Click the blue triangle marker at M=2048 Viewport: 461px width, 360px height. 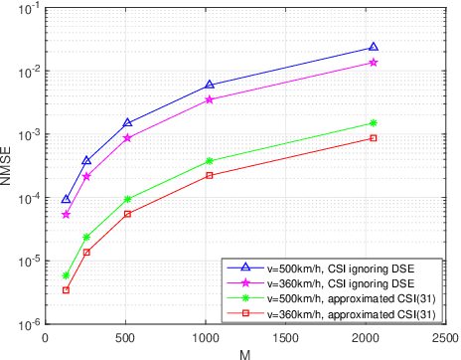coord(374,47)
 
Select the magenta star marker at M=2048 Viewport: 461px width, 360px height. coord(374,62)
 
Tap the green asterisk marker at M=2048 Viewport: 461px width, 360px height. coord(374,123)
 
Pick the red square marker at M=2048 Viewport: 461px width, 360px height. coord(374,138)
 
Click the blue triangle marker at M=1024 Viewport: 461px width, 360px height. coord(210,86)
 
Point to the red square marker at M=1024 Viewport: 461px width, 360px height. coord(210,175)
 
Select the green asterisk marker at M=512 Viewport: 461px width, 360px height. coord(127,199)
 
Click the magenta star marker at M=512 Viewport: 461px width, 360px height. coord(127,138)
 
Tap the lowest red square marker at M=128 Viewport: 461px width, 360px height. coord(66,290)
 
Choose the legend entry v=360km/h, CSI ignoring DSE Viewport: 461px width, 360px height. coord(333,283)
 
